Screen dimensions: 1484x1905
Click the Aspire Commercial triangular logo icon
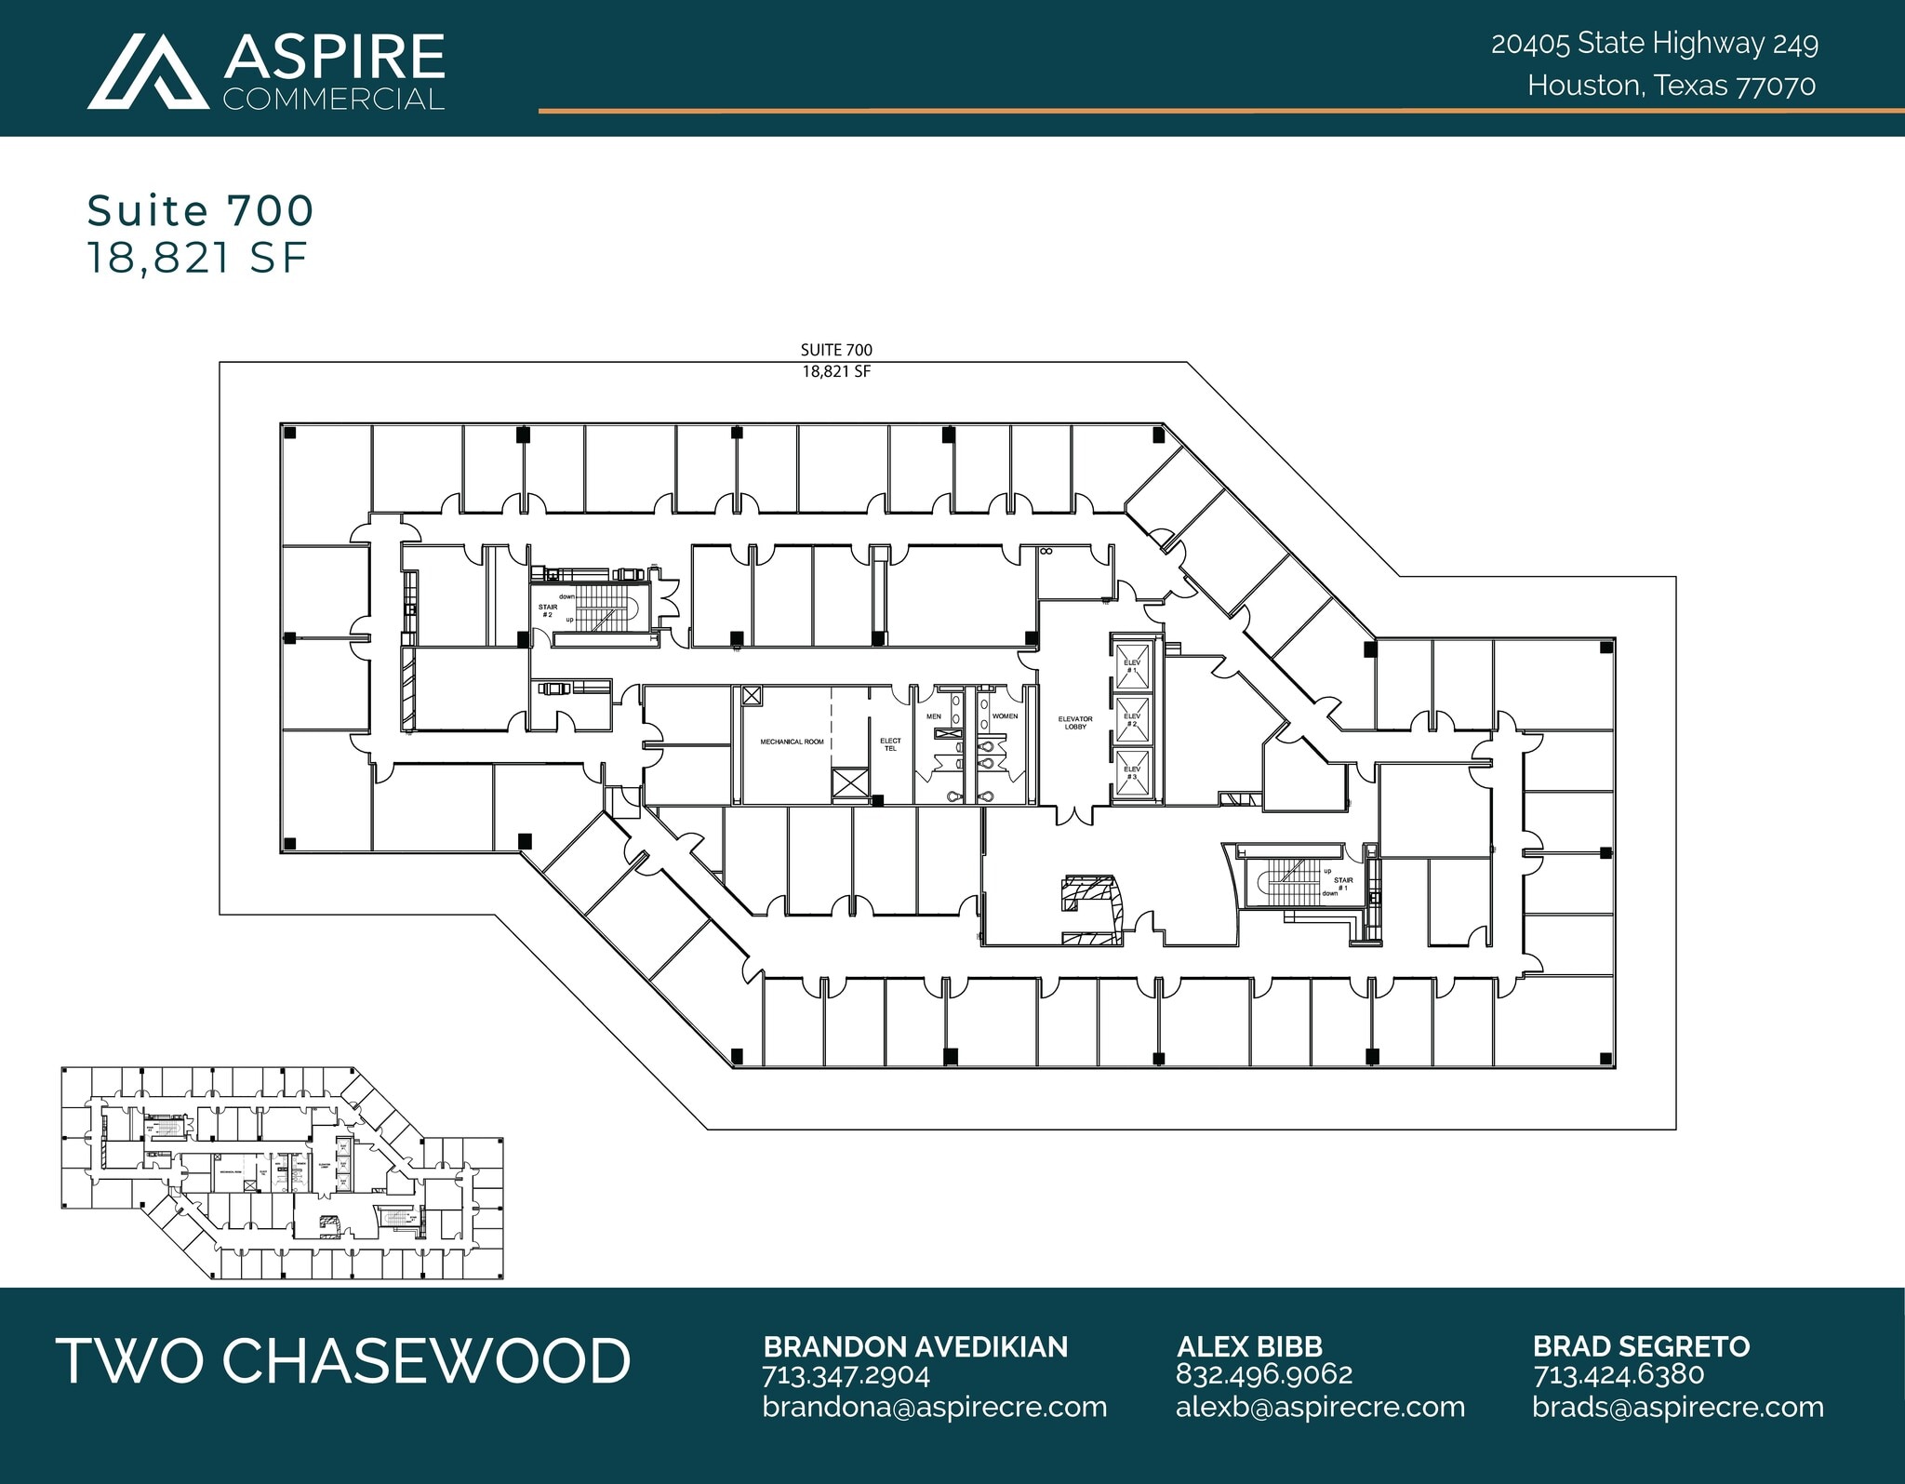pyautogui.click(x=149, y=73)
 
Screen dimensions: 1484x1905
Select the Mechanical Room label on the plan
pyautogui.click(x=792, y=742)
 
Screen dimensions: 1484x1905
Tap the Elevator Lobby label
pyautogui.click(x=1074, y=722)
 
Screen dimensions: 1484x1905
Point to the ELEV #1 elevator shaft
pyautogui.click(x=1132, y=665)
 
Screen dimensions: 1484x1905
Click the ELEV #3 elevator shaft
pyautogui.click(x=1132, y=772)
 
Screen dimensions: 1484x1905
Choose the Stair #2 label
pyautogui.click(x=548, y=610)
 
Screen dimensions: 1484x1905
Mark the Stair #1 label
pyautogui.click(x=1343, y=883)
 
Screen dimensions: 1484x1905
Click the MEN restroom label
pyautogui.click(x=934, y=716)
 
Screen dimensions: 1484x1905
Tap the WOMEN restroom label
pyautogui.click(x=1005, y=716)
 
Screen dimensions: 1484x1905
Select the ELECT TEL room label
pyautogui.click(x=890, y=744)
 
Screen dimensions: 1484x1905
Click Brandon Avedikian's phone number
pyautogui.click(x=846, y=1375)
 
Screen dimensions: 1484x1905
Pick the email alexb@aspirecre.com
pyautogui.click(x=1320, y=1407)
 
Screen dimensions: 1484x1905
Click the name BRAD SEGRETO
pyautogui.click(x=1641, y=1346)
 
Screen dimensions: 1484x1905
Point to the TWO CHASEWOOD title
pyautogui.click(x=343, y=1360)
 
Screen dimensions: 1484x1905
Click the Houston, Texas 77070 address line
pyautogui.click(x=1672, y=86)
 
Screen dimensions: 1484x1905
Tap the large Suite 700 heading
pyautogui.click(x=200, y=210)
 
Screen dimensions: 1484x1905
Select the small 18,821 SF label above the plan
pyautogui.click(x=836, y=371)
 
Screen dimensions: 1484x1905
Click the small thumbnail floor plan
pyautogui.click(x=283, y=1173)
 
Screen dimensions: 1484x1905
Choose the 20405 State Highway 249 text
pyautogui.click(x=1655, y=43)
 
